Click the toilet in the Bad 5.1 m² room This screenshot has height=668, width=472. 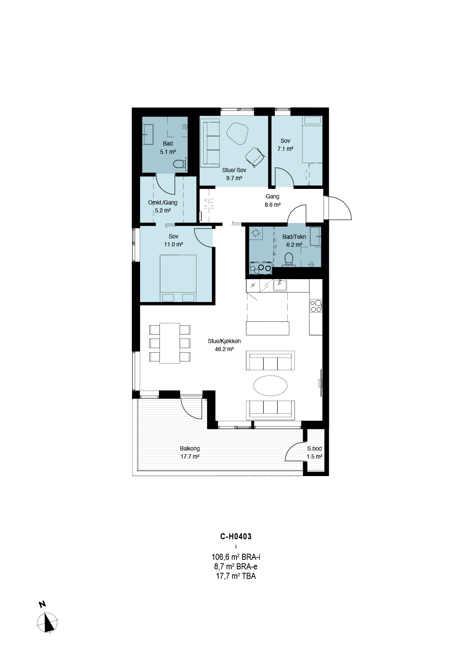(x=179, y=164)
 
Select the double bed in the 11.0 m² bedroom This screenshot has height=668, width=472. (x=178, y=278)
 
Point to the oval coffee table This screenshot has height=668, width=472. (x=270, y=385)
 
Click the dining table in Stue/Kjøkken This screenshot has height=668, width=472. (x=170, y=343)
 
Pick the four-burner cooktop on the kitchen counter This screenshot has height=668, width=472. (x=316, y=306)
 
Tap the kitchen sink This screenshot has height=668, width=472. (x=280, y=285)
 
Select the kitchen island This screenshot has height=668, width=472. (x=268, y=328)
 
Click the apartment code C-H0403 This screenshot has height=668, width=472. (x=236, y=537)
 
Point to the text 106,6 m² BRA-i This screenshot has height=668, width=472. (x=236, y=557)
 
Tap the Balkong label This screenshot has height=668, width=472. (x=190, y=449)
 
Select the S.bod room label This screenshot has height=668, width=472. (x=314, y=449)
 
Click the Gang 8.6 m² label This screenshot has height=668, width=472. (x=273, y=201)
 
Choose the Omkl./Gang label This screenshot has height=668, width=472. (x=163, y=203)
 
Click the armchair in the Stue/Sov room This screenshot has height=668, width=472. (x=255, y=157)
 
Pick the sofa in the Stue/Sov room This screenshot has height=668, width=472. (x=210, y=143)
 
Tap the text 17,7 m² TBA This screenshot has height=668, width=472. (x=236, y=576)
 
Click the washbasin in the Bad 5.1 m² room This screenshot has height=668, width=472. (x=148, y=134)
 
